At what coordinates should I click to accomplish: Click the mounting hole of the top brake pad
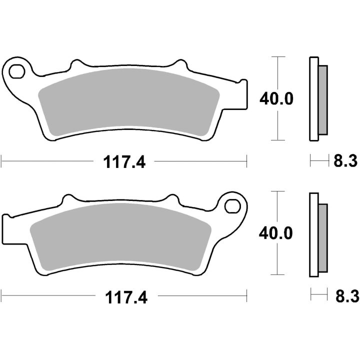click(17, 71)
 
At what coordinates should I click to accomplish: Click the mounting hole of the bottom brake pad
click(232, 206)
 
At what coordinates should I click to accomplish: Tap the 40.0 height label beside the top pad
click(276, 99)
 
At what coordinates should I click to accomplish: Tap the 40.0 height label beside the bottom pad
click(275, 233)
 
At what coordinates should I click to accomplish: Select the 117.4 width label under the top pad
click(124, 162)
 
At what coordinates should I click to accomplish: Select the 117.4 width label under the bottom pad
click(126, 297)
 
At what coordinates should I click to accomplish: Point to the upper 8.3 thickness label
click(345, 160)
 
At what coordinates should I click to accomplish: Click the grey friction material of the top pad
click(128, 101)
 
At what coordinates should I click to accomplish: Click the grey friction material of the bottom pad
click(120, 236)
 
